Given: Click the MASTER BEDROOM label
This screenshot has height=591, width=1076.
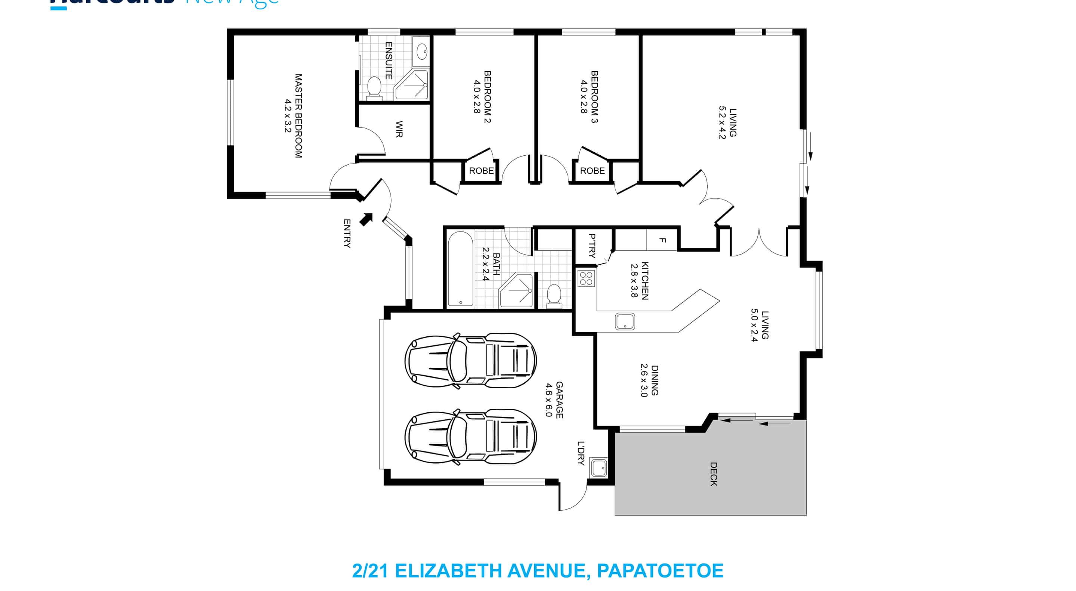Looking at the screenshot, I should tap(298, 116).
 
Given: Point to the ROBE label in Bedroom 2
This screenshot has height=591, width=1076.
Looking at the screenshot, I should tap(481, 171).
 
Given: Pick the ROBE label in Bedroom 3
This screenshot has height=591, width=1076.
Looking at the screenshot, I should tap(592, 171).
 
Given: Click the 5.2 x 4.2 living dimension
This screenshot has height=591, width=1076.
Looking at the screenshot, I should tap(722, 122).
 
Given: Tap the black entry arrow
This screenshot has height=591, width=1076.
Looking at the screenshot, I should tap(366, 219).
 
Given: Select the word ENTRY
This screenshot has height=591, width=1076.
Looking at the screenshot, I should tap(347, 233).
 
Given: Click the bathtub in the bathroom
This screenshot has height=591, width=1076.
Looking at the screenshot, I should tap(460, 269).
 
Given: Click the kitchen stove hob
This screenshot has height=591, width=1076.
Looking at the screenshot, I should tap(586, 278).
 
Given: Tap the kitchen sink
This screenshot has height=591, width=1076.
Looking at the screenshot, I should tap(625, 321).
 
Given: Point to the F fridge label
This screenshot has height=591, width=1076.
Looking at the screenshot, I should tap(662, 240).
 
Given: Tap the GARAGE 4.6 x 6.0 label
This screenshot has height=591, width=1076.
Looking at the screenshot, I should tap(554, 400).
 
